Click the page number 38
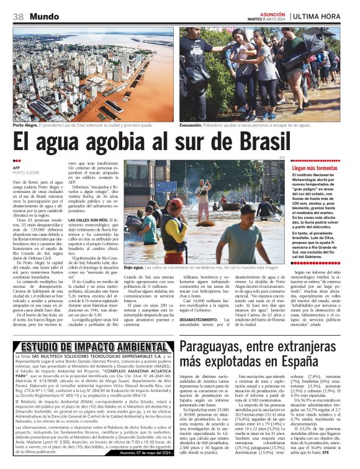[x=17, y=16]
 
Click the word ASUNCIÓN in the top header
[x=271, y=13]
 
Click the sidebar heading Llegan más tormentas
[x=315, y=168]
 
